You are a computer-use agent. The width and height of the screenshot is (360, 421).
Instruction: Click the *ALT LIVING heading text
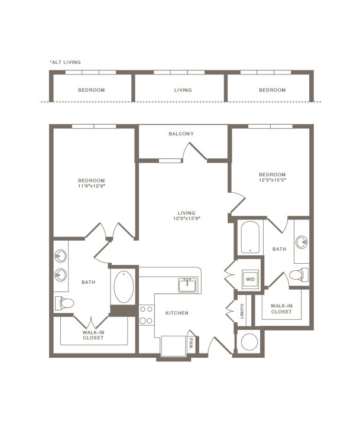(x=65, y=62)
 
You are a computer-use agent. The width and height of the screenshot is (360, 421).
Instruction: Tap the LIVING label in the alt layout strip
(x=183, y=90)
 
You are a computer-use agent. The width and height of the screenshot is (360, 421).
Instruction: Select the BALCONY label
(x=181, y=134)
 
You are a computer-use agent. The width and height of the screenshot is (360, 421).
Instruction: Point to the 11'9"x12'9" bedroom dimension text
(x=91, y=186)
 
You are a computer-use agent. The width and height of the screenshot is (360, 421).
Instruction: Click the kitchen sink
(x=188, y=285)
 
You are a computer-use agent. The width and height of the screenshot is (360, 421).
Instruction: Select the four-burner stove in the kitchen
(x=146, y=315)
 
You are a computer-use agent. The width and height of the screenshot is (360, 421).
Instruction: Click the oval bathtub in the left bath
(x=124, y=287)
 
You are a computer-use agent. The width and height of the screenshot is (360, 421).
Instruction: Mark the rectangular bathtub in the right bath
(x=251, y=238)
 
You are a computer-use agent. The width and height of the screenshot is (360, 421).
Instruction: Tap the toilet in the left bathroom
(x=65, y=303)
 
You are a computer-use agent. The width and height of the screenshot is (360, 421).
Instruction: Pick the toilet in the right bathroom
(x=297, y=275)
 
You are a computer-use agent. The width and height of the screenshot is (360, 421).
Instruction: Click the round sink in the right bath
(x=303, y=242)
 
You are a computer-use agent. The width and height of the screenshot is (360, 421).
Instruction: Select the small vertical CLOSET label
(x=242, y=311)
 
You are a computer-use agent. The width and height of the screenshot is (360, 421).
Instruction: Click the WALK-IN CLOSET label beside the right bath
(x=281, y=309)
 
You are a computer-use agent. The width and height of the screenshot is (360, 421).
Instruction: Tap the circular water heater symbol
(x=249, y=342)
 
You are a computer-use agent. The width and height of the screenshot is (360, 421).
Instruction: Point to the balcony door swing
(x=193, y=151)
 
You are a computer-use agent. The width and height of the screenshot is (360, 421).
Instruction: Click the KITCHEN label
(x=176, y=312)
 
